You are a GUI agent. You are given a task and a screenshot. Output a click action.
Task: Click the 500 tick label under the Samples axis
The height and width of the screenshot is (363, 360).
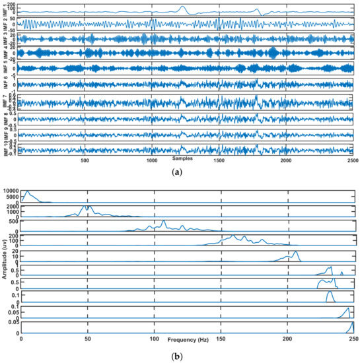coord(85,160)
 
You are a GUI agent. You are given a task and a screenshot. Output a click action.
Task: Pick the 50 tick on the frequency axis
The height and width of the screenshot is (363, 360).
coord(87,339)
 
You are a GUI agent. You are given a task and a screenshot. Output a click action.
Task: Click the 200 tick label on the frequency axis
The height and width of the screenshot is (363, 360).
coord(287,339)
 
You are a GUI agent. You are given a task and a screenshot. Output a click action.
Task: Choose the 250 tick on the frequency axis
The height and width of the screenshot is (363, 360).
coord(353,339)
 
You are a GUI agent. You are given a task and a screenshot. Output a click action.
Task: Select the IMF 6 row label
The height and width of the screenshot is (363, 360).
coord(5,84)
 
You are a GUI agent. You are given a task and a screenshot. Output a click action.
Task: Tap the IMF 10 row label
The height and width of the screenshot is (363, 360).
coord(5,149)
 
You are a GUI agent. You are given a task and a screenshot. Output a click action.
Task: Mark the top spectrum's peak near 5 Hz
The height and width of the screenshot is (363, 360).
coord(27,191)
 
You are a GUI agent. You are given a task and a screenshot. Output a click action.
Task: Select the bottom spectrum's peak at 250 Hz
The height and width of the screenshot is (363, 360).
coord(353,323)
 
